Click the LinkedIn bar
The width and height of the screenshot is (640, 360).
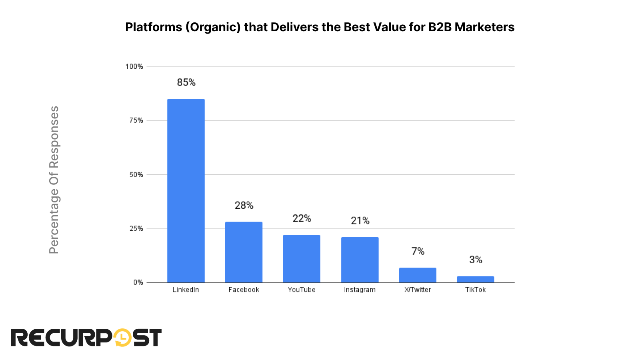click(x=186, y=190)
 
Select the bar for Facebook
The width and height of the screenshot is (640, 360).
click(x=244, y=252)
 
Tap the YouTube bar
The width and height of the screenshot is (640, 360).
click(x=301, y=258)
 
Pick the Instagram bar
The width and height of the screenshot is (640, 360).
click(x=360, y=260)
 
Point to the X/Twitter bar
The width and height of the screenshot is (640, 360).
click(x=417, y=275)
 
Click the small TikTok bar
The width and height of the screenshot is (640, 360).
click(x=475, y=279)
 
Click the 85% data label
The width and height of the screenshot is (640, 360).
click(x=186, y=82)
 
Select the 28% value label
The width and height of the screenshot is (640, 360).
click(x=244, y=205)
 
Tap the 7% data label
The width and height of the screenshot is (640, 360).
click(x=418, y=251)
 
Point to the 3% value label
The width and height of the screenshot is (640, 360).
click(x=475, y=260)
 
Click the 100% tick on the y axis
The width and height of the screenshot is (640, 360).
click(x=134, y=66)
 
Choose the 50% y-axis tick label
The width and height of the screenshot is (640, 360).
click(x=136, y=175)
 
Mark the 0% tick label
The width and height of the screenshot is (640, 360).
click(x=138, y=282)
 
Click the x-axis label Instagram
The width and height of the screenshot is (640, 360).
click(x=360, y=290)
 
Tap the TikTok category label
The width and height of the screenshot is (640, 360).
click(x=475, y=290)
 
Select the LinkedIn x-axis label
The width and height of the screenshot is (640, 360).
click(x=186, y=290)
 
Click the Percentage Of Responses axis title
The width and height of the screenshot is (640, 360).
click(x=54, y=180)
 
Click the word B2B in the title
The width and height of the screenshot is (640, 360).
click(x=440, y=27)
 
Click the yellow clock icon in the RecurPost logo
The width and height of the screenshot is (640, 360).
click(x=122, y=338)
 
